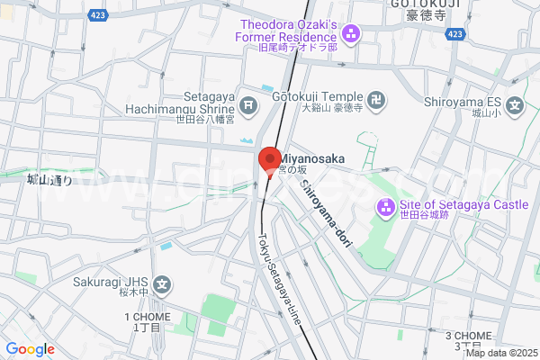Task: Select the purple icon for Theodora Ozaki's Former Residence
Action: click(351, 35)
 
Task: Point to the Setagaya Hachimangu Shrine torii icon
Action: click(249, 106)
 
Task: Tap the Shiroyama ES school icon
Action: click(515, 106)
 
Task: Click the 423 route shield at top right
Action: click(455, 33)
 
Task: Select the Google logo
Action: click(30, 348)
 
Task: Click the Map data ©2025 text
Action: click(501, 352)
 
